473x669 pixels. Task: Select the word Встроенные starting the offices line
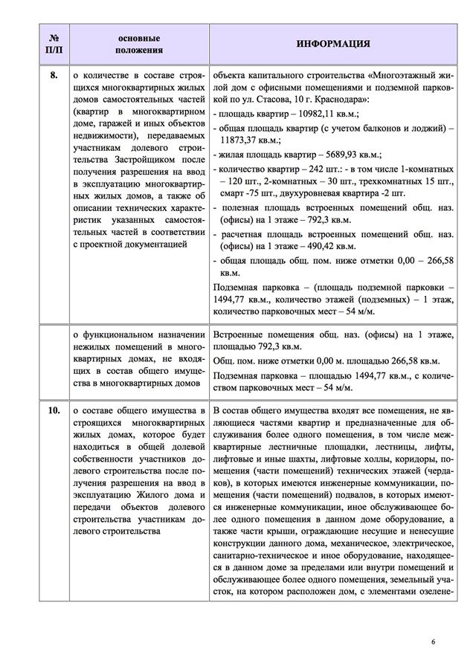[239, 334]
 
